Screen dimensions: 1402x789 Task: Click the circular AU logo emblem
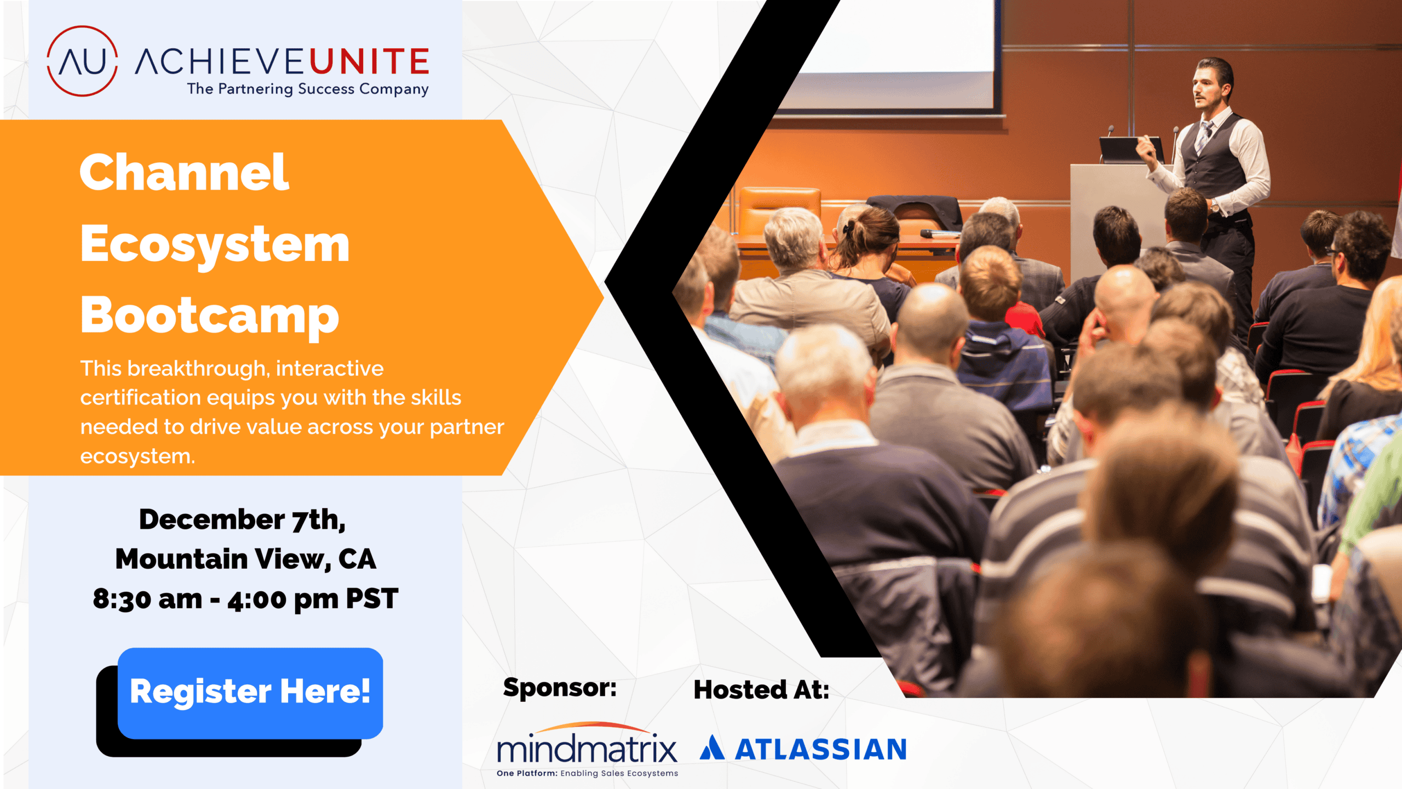point(82,61)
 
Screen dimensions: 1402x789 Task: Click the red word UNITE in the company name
point(369,61)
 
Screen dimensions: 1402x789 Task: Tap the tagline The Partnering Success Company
point(308,89)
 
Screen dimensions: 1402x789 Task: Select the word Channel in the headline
point(184,172)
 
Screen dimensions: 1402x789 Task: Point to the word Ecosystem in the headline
point(215,245)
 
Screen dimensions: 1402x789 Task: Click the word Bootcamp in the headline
point(210,316)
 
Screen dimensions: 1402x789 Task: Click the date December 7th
point(242,519)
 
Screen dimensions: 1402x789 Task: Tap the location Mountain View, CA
point(246,559)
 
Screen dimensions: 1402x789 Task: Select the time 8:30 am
point(148,599)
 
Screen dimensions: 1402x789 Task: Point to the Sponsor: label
point(560,688)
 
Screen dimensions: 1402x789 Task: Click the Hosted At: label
point(761,690)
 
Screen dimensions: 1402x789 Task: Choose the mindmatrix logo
point(587,749)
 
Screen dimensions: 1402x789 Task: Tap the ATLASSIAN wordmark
point(820,749)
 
